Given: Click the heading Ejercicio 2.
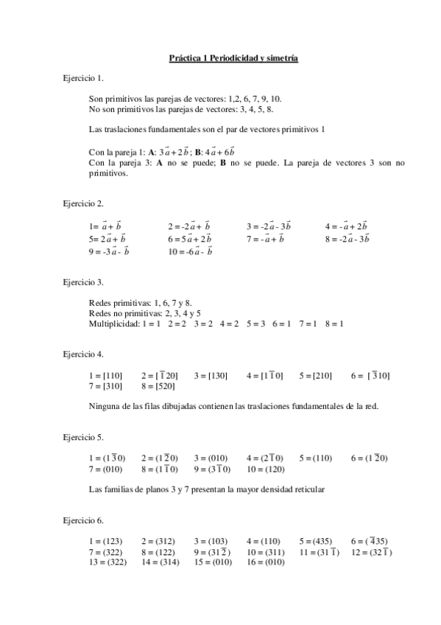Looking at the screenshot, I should click(83, 202).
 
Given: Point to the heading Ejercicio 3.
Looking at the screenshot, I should click(83, 282).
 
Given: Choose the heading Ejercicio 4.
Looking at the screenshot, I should click(83, 355).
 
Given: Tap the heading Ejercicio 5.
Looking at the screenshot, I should click(83, 437).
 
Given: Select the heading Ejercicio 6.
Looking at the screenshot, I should click(83, 520).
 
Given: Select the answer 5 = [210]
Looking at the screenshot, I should click(316, 376).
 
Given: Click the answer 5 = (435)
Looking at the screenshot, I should click(316, 541).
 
